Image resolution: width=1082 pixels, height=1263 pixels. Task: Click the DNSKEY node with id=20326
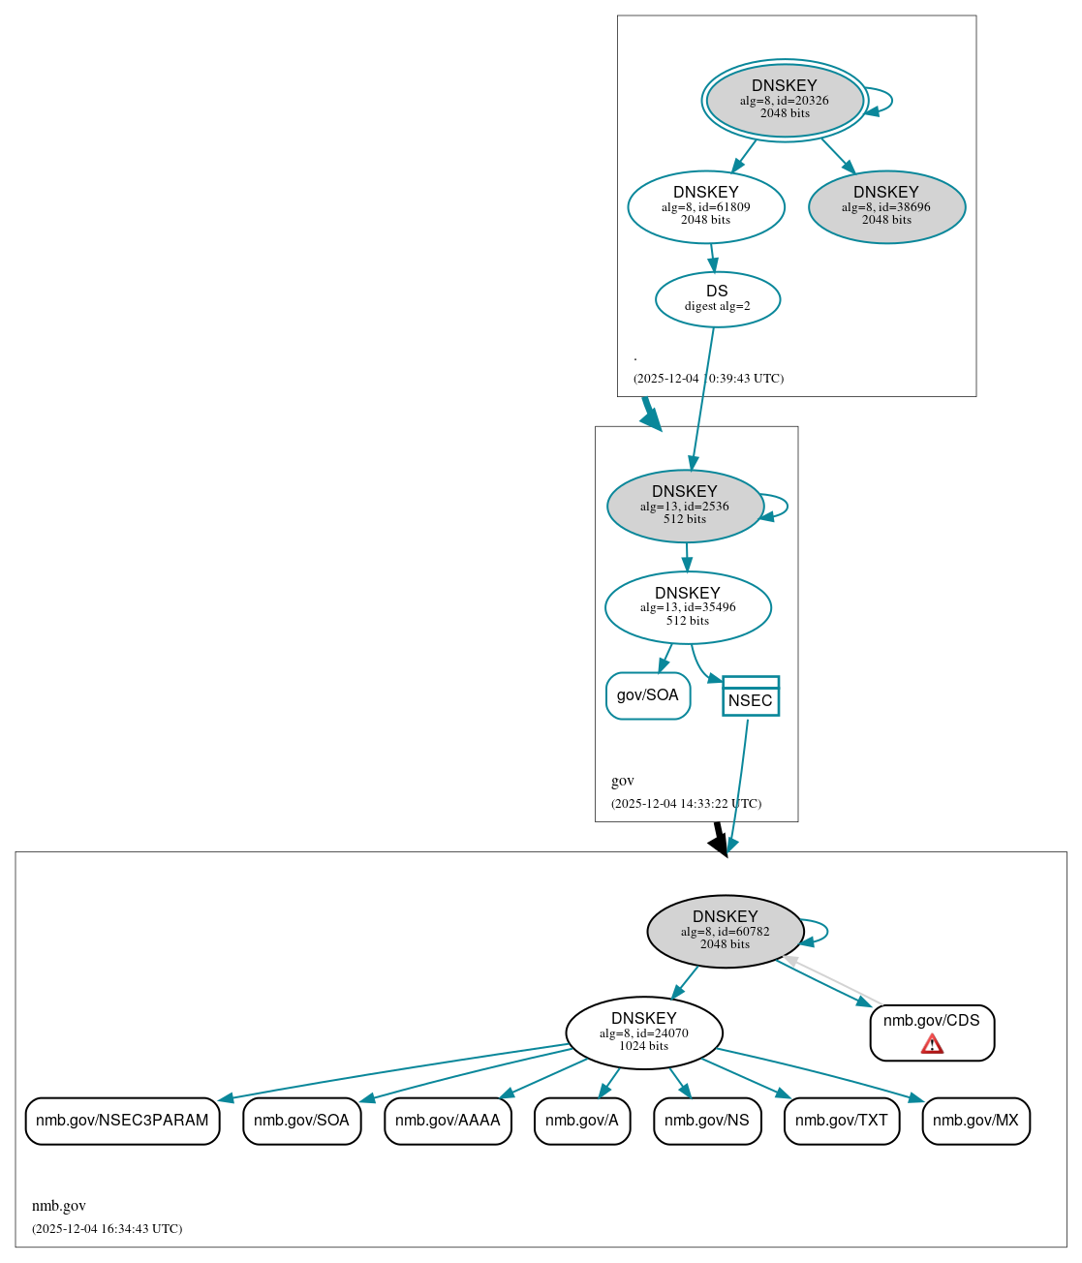coord(785,101)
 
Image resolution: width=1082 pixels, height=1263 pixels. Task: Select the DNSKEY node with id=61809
coord(706,207)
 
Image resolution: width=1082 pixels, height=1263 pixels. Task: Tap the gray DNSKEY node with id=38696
coord(886,207)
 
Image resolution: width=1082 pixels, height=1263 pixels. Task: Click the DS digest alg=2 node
coord(718,299)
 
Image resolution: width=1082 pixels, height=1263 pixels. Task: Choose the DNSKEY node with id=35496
coord(688,608)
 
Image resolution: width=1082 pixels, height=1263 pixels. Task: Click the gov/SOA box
coord(648,695)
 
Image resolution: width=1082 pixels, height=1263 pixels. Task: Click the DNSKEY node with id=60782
coord(726,931)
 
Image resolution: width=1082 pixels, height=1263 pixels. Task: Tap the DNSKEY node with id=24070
coord(644,1033)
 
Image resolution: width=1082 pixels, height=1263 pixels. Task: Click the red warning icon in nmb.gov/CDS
coord(932,1044)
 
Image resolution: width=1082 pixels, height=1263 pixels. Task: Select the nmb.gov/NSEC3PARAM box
coord(122,1121)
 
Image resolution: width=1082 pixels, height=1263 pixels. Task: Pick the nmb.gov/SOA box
coord(301,1121)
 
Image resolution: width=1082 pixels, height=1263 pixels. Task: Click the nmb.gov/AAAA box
coord(448,1121)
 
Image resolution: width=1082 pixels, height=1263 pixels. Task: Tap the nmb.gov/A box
coord(582,1121)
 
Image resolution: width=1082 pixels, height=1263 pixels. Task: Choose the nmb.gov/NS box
coord(707,1121)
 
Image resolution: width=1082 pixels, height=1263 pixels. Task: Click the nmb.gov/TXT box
coord(842,1121)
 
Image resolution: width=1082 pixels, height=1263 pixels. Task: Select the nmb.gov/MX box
coord(975,1121)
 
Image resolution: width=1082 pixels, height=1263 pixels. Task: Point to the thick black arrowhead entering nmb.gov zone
coord(719,845)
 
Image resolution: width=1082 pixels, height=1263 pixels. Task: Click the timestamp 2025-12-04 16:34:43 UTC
coord(107,1229)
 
